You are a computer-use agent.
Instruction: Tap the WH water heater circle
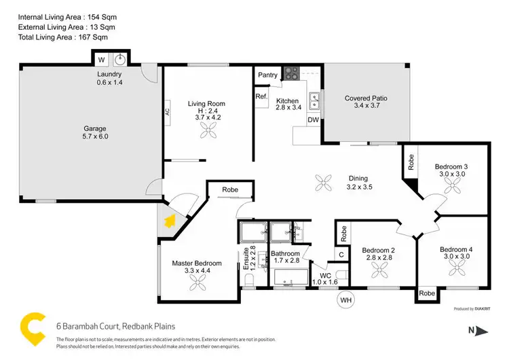click(x=346, y=299)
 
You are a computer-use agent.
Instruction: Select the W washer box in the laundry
click(x=101, y=59)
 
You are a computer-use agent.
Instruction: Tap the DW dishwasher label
click(x=313, y=120)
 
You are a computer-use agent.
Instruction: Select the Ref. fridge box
click(x=261, y=96)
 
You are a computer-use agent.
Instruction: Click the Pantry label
click(x=265, y=74)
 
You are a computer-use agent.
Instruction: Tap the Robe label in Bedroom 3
click(x=411, y=161)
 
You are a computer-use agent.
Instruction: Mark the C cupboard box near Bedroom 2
click(x=342, y=255)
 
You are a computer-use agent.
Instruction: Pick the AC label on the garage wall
click(x=167, y=113)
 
